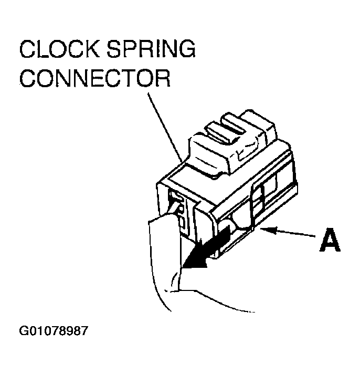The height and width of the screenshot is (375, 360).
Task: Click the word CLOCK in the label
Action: (58, 50)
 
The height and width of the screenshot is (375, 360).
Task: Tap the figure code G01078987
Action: (54, 332)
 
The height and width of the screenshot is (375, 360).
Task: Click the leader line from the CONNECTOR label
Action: (166, 126)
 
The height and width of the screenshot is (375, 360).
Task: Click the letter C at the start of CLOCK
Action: (27, 50)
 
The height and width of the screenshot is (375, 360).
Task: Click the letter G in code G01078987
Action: (24, 332)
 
